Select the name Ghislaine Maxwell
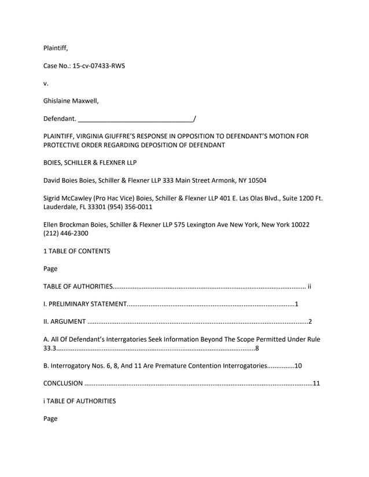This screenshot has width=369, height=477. click(71, 101)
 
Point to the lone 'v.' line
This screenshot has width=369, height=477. click(46, 84)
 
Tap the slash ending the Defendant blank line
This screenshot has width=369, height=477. click(195, 119)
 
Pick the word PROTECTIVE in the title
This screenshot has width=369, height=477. click(64, 145)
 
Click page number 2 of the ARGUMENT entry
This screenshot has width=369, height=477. click(310, 321)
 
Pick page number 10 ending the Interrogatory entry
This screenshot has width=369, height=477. click(298, 365)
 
